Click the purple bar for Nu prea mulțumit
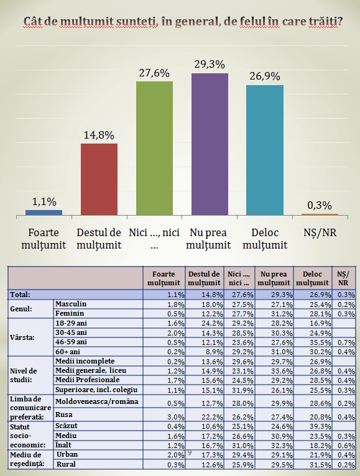[210, 144]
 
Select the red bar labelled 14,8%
[99, 180]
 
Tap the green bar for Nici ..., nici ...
[154, 148]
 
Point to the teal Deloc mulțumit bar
[265, 150]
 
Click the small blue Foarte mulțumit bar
[44, 213]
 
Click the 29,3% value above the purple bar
[210, 65]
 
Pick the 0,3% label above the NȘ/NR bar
[320, 206]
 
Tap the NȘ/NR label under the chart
[320, 233]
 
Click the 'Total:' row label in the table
[20, 295]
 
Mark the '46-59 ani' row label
[71, 342]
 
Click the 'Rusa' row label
[64, 414]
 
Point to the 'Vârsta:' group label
[22, 337]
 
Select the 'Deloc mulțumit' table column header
[312, 278]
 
